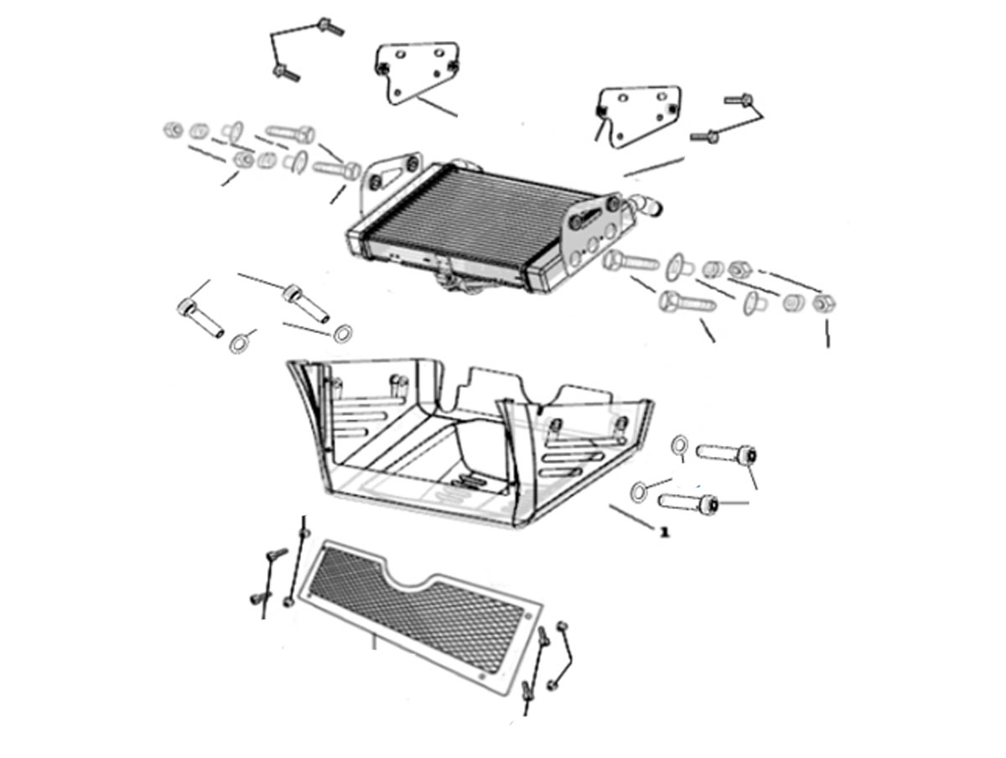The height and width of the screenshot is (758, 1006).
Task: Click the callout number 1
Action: (664, 532)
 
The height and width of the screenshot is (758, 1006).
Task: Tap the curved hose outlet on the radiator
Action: (646, 205)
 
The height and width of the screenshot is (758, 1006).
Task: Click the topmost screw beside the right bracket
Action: (739, 99)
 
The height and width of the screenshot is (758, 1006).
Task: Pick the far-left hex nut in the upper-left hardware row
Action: (172, 130)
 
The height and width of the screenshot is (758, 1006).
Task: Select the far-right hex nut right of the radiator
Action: (823, 303)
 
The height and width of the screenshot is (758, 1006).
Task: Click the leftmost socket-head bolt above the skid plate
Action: (200, 319)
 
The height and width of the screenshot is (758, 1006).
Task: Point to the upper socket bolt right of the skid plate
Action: (725, 454)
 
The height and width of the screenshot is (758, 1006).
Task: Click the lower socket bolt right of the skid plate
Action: (688, 503)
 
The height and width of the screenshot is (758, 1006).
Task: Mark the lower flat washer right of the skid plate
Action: (639, 491)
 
